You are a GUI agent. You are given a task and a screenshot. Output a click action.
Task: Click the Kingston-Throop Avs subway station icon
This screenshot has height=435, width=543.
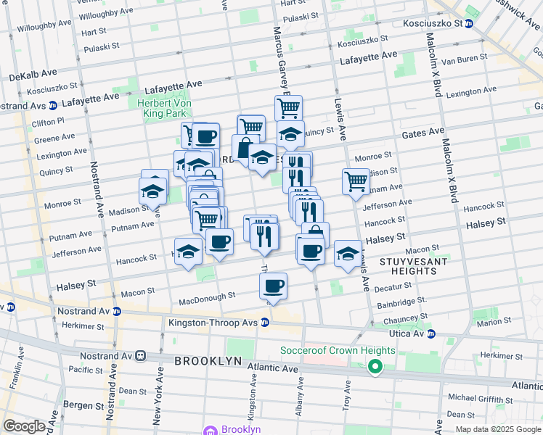(266, 322)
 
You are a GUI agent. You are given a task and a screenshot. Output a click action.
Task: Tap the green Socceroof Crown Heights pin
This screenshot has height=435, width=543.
(375, 367)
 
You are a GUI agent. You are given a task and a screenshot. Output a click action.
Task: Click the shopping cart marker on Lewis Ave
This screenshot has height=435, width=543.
(356, 181)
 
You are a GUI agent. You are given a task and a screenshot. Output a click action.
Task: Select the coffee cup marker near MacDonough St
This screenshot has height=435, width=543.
(273, 286)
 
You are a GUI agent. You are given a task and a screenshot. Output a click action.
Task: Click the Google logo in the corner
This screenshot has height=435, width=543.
(23, 426)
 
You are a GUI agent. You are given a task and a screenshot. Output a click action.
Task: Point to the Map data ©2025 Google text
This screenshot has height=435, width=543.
(498, 429)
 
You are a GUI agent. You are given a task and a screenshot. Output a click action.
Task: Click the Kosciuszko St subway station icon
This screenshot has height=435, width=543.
(469, 23)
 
